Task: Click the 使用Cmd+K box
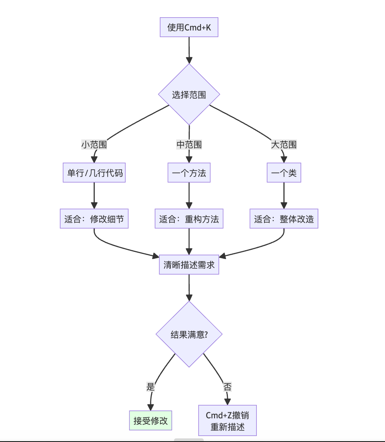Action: [x=189, y=28]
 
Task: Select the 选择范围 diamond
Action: [x=189, y=95]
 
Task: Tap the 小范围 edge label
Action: [x=94, y=144]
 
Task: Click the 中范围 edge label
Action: [x=189, y=144]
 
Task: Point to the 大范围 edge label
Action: [x=284, y=144]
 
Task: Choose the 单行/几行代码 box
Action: [x=94, y=173]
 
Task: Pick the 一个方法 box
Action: [x=189, y=173]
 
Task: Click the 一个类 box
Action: [x=284, y=173]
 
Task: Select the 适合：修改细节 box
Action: [x=94, y=219]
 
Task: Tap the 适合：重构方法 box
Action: [x=189, y=219]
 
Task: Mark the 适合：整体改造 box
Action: [x=284, y=219]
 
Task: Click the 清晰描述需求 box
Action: [x=189, y=265]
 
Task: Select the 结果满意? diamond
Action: [x=189, y=334]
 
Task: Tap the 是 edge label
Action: [x=151, y=387]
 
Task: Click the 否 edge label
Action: [x=227, y=387]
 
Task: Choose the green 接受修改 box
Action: [x=150, y=420]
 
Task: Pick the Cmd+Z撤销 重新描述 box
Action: [x=227, y=420]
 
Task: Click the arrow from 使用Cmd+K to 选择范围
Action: [x=189, y=50]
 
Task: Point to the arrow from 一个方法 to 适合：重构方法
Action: [x=189, y=196]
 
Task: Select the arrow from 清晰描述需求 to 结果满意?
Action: [x=189, y=287]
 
